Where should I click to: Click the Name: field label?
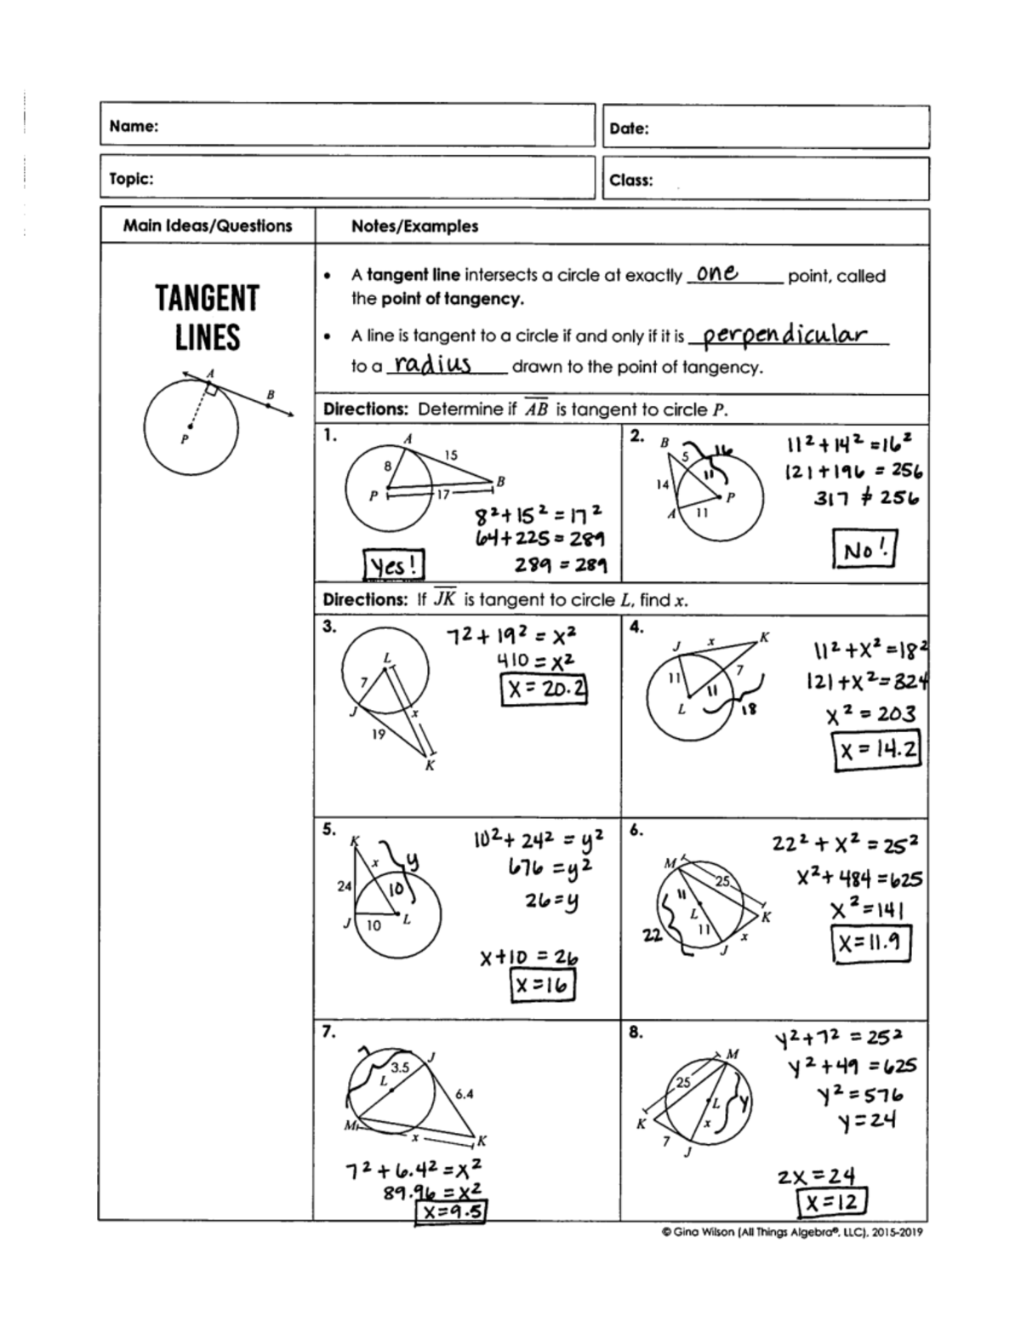pos(134,126)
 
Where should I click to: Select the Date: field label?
pos(630,129)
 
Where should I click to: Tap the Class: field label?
pos(631,180)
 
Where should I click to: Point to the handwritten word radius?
pos(433,365)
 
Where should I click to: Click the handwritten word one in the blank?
pos(716,273)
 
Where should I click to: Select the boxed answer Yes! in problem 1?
pos(393,564)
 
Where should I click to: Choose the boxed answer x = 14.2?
pos(877,750)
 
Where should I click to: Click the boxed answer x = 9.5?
pos(450,1210)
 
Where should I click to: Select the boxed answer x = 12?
pos(832,1202)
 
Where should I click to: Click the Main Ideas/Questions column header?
pos(208,226)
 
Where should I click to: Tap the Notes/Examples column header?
pos(414,226)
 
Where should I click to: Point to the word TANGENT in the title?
pos(207,299)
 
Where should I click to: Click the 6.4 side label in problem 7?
pos(465,1094)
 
